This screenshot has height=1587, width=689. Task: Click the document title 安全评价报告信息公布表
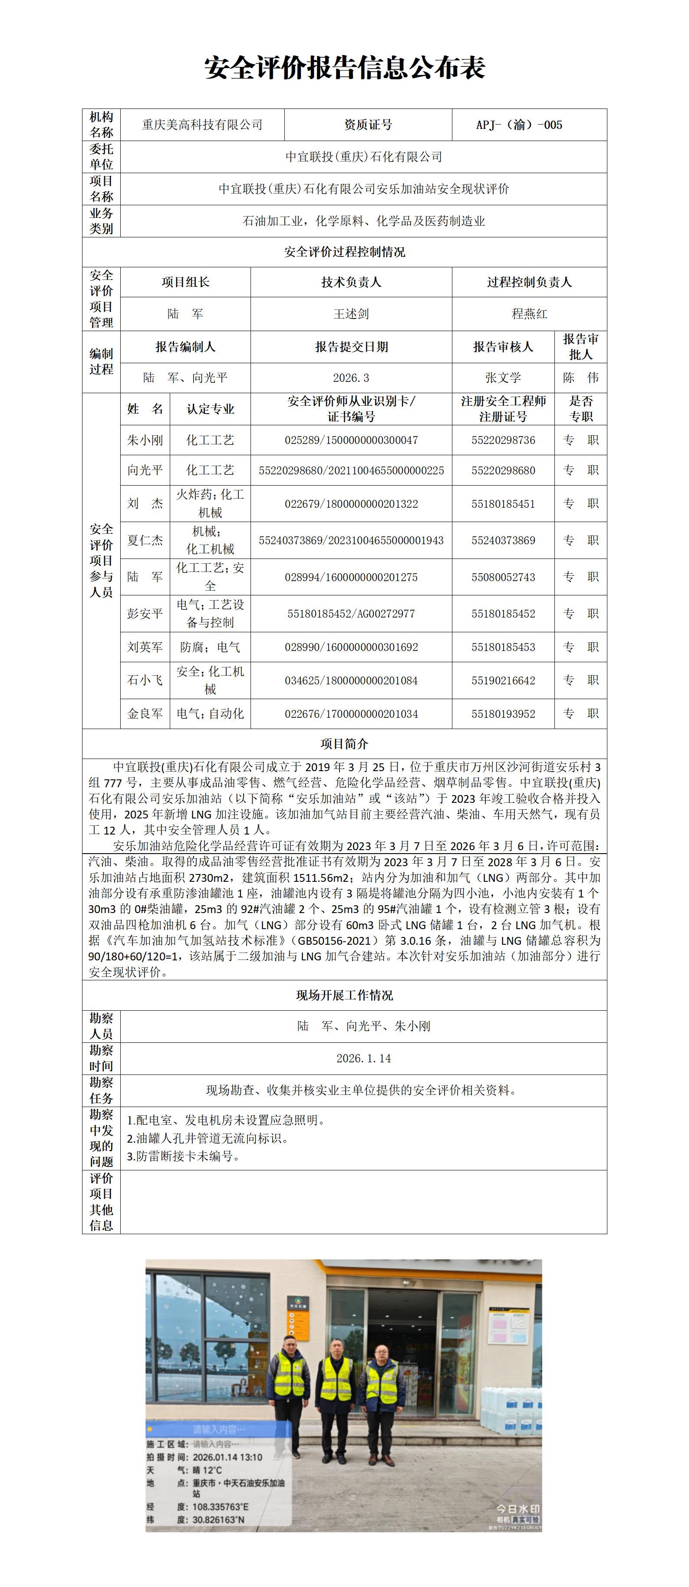pos(345,68)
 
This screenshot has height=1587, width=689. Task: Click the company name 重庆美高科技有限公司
pos(202,125)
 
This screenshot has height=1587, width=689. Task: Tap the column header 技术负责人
pos(351,282)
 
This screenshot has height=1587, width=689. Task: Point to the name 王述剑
pos(351,314)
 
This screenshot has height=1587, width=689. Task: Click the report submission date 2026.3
pos(351,378)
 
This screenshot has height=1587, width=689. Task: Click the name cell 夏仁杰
pos(145,540)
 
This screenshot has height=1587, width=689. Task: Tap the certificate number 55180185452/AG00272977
pos(351,614)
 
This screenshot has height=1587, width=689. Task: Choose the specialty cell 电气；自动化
pos(210,714)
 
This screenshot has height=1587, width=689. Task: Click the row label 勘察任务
pos(101,1091)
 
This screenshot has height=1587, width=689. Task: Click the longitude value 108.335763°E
pos(221,1507)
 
